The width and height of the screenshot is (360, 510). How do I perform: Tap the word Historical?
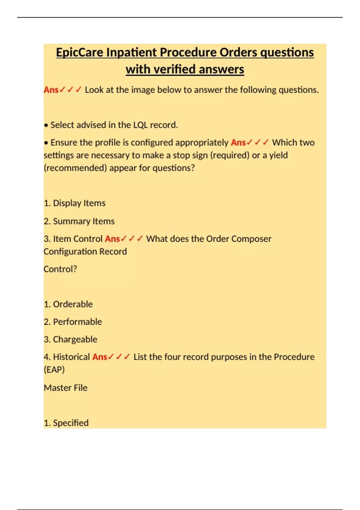point(71,357)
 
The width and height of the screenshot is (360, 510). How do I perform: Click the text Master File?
point(65,388)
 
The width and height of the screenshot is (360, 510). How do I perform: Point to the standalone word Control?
point(60,269)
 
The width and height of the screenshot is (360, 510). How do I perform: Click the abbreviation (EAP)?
point(54,369)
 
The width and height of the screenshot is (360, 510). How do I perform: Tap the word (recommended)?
point(75,168)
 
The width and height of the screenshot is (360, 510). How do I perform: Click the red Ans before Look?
point(51,90)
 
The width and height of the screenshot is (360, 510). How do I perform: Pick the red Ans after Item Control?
point(112,239)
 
